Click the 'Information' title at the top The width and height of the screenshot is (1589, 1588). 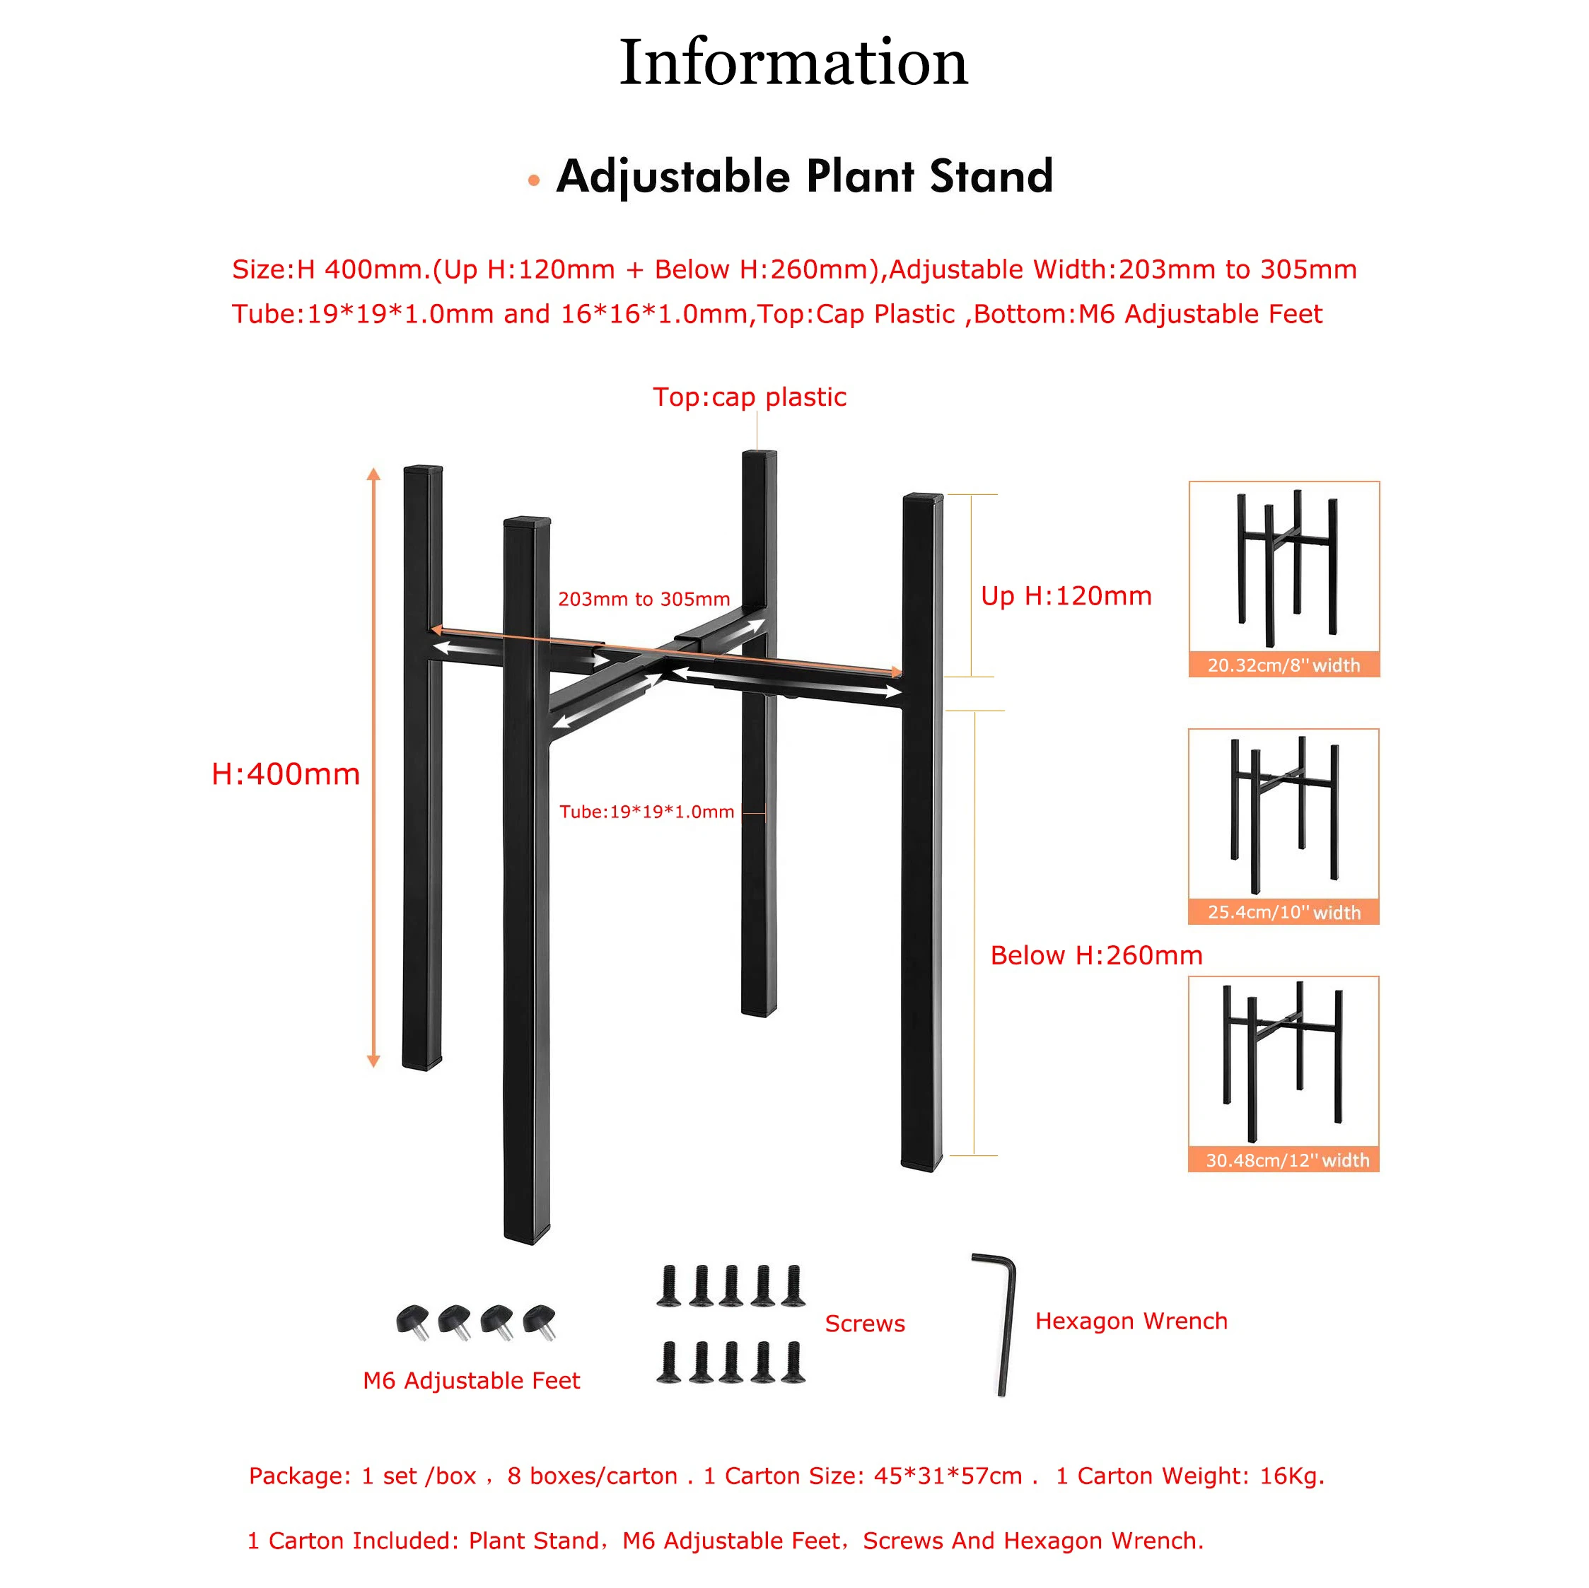coord(793,62)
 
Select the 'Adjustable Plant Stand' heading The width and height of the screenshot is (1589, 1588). coord(804,176)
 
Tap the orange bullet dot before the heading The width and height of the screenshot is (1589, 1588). coord(534,180)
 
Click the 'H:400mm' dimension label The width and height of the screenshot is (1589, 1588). coord(286,774)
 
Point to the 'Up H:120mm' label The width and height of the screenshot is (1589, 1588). coord(1066,595)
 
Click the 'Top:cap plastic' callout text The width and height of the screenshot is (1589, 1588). coord(750,397)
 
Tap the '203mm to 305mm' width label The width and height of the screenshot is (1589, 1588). coord(644,599)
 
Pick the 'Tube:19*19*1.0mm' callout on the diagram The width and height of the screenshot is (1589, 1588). coord(646,812)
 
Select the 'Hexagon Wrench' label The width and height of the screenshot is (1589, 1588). coord(1131,1321)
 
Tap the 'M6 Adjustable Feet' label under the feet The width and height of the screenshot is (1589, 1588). coord(471,1380)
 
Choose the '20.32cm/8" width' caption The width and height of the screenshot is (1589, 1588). coord(1283,665)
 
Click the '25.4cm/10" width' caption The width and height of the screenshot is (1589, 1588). coord(1283,912)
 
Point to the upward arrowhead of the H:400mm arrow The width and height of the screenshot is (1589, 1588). coord(373,474)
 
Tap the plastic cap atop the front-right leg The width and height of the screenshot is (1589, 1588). coord(923,498)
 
